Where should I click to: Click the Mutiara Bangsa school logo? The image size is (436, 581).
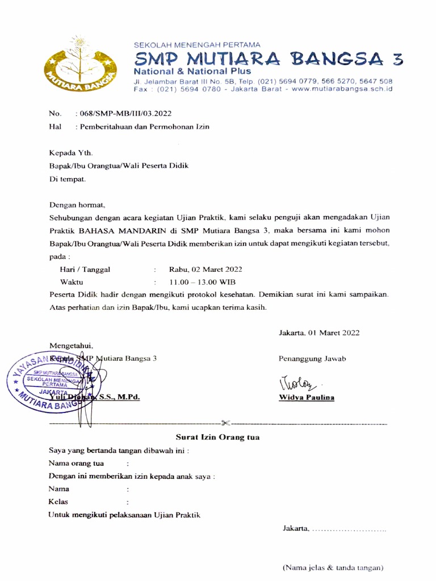81,66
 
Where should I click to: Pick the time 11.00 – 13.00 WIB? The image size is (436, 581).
202,282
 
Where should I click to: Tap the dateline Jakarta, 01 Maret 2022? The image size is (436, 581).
318,332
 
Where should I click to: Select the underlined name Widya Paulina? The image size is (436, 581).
306,397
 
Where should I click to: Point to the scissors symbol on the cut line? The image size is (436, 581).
226,422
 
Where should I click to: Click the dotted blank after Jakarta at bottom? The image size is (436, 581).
349,529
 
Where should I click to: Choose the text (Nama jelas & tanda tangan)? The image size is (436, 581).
333,567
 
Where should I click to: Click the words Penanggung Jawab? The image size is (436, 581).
312,359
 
